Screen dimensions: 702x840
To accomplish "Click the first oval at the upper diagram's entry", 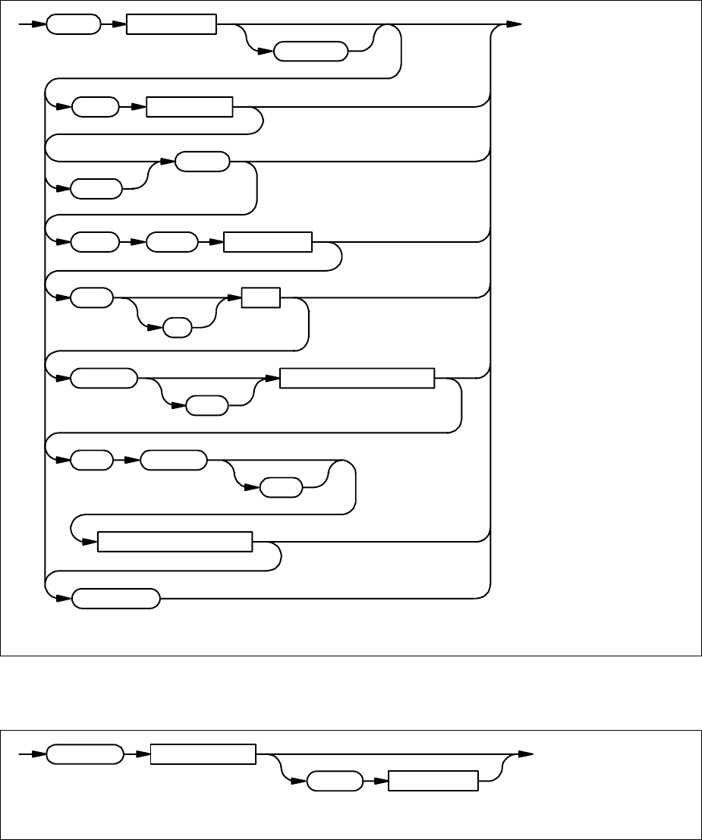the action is (73, 24).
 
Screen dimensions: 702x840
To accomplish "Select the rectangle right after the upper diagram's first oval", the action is (171, 24).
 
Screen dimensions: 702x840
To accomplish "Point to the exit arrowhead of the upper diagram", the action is (515, 24).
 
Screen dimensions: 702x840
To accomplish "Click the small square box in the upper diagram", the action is (260, 297).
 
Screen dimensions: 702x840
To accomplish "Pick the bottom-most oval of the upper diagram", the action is (116, 598).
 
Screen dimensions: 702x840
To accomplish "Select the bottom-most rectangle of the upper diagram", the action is (175, 543).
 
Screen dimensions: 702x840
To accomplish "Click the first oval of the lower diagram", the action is (84, 755).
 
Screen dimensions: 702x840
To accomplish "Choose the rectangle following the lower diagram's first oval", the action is (203, 755).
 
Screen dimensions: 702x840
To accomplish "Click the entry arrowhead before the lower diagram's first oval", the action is (39, 755).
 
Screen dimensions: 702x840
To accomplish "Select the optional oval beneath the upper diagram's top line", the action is (310, 53).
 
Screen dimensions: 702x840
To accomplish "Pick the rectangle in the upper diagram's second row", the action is (189, 107).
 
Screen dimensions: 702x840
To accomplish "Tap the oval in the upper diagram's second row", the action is (96, 107).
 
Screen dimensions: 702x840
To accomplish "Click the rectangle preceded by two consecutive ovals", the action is (268, 242).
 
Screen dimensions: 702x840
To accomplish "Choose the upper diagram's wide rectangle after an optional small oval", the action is (357, 378).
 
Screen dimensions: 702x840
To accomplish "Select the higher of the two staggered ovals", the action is (202, 162).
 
